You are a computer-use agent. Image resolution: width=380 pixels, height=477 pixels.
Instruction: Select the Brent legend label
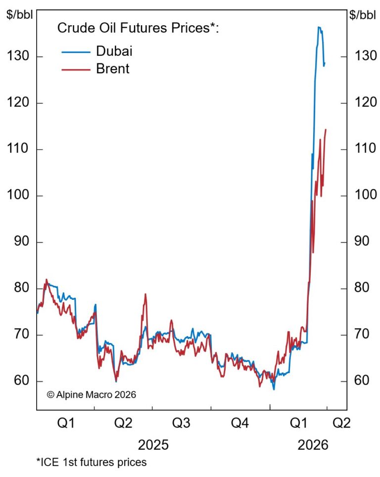(x=112, y=68)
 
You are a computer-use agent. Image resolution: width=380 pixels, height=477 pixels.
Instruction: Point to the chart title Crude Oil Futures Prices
(x=138, y=28)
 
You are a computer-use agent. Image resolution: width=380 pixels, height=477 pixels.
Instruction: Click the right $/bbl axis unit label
(x=363, y=14)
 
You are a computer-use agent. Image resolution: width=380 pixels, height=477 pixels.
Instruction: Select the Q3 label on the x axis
(x=181, y=424)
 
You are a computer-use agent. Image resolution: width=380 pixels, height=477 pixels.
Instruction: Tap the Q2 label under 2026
(x=340, y=424)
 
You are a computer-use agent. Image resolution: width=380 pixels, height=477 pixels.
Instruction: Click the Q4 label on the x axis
(x=240, y=424)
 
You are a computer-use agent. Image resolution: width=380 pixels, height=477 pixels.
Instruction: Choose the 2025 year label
(x=153, y=444)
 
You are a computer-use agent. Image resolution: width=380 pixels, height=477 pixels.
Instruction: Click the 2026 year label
(x=313, y=444)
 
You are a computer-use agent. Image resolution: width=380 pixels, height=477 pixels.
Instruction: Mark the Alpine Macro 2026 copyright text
(x=91, y=395)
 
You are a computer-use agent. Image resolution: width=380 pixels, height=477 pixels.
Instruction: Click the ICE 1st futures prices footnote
(x=91, y=463)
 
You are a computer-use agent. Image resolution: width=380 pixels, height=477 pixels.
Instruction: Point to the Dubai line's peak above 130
(x=319, y=27)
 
